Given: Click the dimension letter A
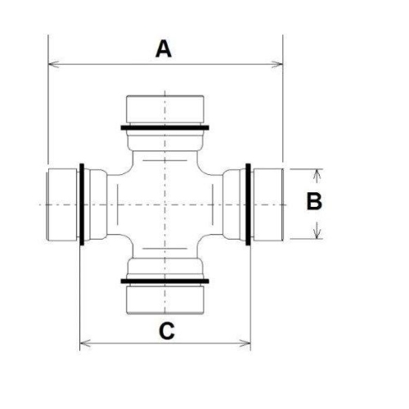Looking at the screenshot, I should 164,49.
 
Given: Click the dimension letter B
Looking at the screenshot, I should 314,201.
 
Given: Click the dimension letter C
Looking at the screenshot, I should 166,331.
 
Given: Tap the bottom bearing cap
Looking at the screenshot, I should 165,298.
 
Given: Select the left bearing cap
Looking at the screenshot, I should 62,204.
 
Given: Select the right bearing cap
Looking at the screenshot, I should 267,204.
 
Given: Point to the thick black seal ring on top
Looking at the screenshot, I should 165,128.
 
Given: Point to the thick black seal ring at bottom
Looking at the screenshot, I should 165,281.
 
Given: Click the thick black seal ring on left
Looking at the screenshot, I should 83,204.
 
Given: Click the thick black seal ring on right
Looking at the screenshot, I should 248,204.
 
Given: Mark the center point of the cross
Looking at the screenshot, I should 165,204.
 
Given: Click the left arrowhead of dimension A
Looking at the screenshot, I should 53,63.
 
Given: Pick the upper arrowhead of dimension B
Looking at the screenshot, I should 317,173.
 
